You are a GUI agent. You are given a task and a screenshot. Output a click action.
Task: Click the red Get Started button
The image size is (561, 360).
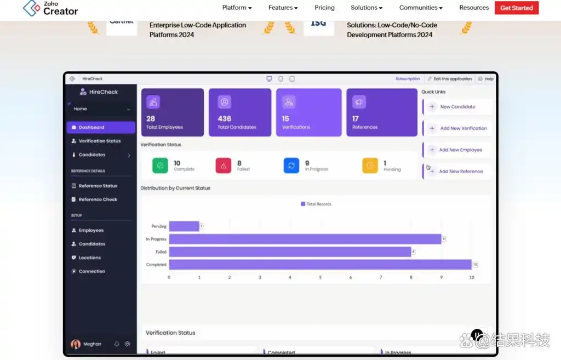516,8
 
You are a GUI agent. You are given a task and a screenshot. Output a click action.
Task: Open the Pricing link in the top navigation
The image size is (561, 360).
324,8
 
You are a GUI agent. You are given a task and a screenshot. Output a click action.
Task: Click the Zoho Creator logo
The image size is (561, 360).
50,8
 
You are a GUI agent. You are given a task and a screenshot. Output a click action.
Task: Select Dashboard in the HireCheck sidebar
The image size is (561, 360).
101,128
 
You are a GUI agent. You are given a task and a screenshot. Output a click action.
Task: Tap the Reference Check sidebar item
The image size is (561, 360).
98,199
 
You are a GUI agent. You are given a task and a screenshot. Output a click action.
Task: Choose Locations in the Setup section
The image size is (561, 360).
89,258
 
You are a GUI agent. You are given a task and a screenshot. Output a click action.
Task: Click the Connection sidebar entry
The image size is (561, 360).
91,271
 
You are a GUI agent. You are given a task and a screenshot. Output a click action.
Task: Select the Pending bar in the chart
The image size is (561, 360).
184,226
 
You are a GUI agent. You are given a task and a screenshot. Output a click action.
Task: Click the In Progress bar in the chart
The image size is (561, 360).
305,239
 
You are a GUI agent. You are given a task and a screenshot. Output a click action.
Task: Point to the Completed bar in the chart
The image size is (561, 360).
320,265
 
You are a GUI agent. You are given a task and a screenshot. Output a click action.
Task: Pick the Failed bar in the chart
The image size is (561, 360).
290,252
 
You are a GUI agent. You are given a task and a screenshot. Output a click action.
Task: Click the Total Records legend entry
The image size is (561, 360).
316,204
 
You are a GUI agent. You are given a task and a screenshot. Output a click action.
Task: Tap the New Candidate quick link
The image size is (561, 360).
457,107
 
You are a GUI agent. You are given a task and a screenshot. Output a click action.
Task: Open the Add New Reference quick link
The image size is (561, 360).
460,172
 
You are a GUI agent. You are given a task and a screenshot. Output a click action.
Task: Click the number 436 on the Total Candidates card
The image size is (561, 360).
224,118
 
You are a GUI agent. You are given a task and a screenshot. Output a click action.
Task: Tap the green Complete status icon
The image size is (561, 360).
160,165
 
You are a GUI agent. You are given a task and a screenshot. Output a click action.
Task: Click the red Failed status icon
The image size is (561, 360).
224,165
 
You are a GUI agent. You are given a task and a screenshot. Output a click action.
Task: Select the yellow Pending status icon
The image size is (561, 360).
370,165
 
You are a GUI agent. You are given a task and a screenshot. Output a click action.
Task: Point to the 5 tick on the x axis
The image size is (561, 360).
320,277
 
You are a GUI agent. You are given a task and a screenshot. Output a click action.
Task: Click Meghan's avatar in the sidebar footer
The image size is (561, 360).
76,344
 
